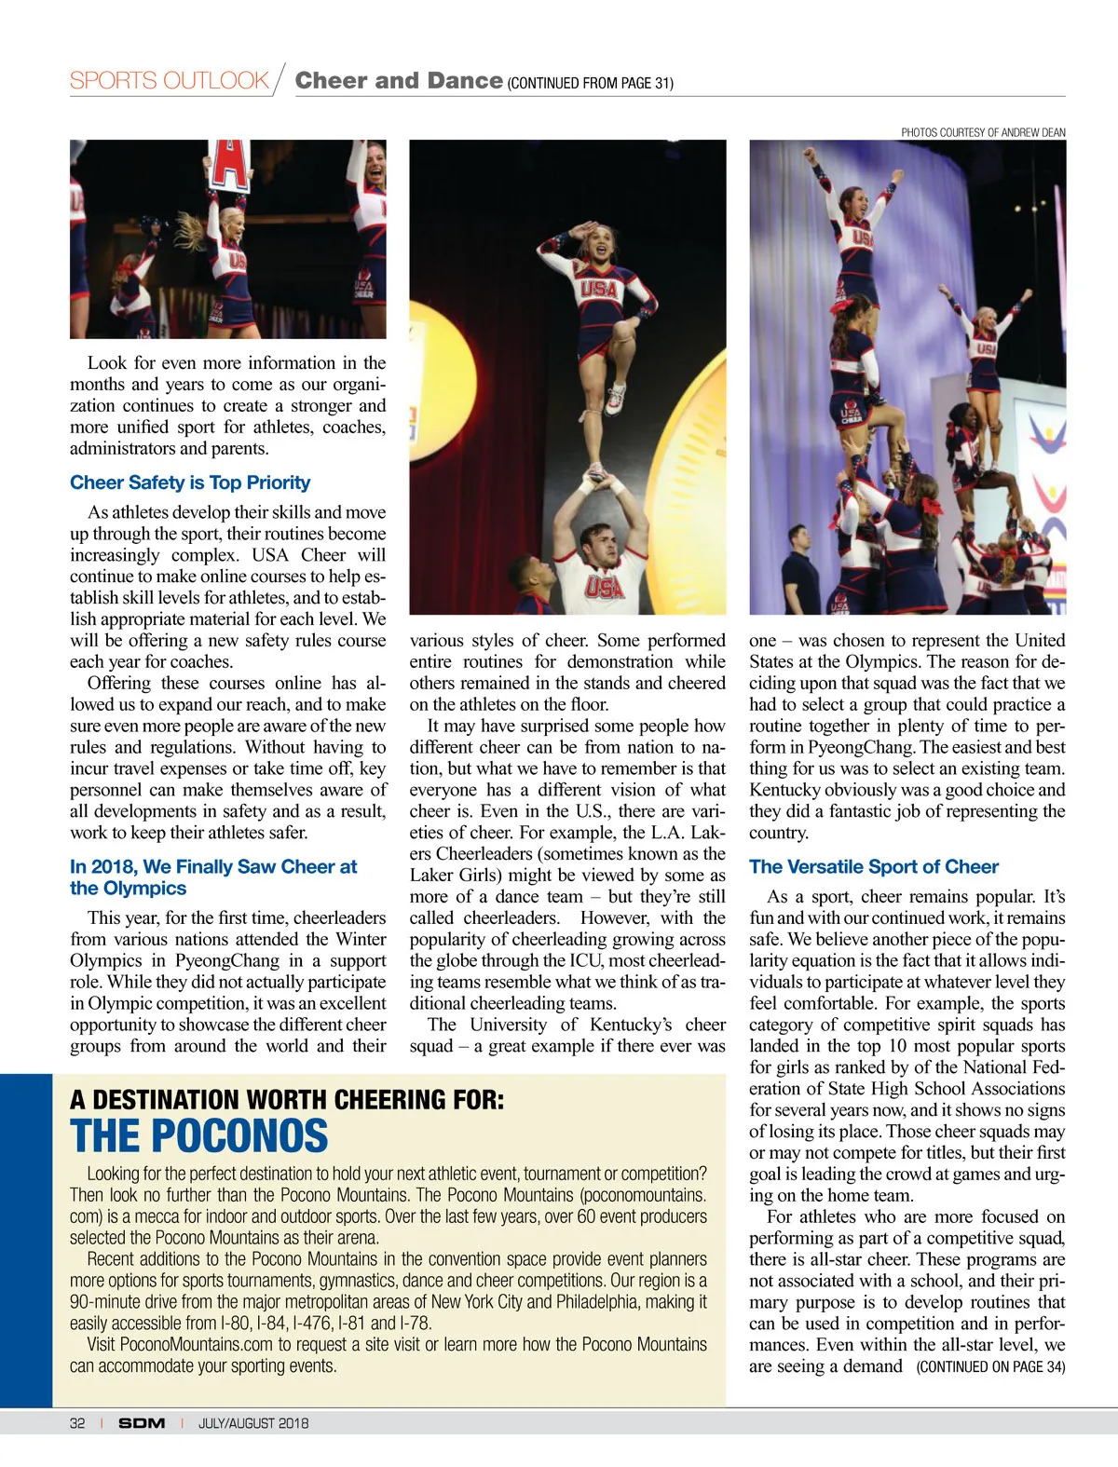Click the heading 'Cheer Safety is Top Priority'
tap(190, 482)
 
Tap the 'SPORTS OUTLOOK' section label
tap(169, 81)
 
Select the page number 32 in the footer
tap(77, 1423)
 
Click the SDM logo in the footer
tap(142, 1423)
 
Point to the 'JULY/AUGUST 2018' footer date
tap(252, 1423)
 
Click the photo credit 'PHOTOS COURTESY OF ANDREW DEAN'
tap(983, 132)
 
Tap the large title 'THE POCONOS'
tap(198, 1136)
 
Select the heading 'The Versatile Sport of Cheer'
tap(873, 866)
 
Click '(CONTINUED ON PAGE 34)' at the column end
tap(990, 1366)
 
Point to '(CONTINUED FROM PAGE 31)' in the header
tap(590, 84)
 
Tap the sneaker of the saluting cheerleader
tap(615, 398)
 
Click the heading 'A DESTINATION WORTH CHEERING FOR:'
tap(287, 1100)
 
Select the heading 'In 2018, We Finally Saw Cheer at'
tap(213, 866)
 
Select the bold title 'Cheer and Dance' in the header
tap(399, 81)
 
